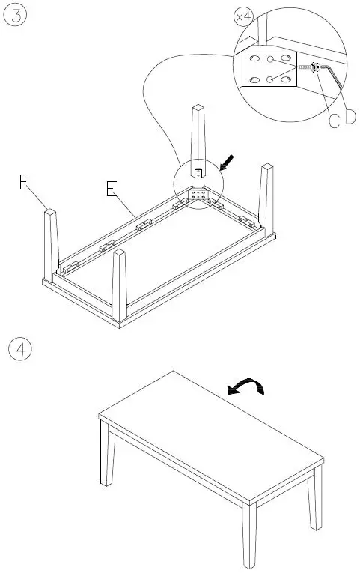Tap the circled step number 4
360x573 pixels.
(18, 349)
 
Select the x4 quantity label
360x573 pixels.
(245, 16)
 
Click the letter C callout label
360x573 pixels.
(334, 119)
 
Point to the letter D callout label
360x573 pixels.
(350, 118)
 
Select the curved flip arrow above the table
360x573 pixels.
(246, 386)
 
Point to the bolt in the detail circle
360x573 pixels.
(307, 67)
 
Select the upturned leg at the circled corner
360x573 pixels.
(198, 139)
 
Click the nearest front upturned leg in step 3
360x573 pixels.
(120, 285)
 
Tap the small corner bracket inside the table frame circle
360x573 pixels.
(200, 195)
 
